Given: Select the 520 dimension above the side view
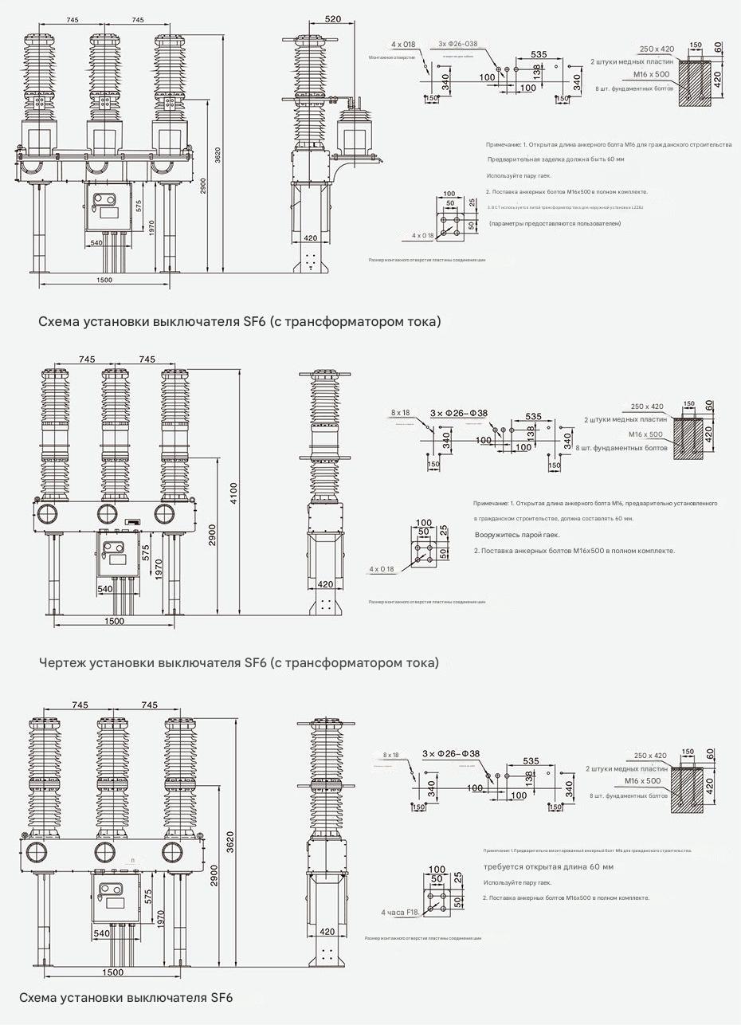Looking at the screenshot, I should click(332, 18).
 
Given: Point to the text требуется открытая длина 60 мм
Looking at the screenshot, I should click(548, 866).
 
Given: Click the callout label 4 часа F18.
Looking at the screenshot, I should click(400, 912).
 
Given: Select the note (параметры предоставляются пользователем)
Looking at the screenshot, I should click(555, 224).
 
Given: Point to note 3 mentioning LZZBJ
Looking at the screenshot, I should click(565, 207).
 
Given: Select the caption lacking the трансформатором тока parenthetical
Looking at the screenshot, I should click(126, 998).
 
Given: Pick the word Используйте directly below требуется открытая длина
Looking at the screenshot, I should click(503, 882).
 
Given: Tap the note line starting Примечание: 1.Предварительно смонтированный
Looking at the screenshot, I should click(587, 850).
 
